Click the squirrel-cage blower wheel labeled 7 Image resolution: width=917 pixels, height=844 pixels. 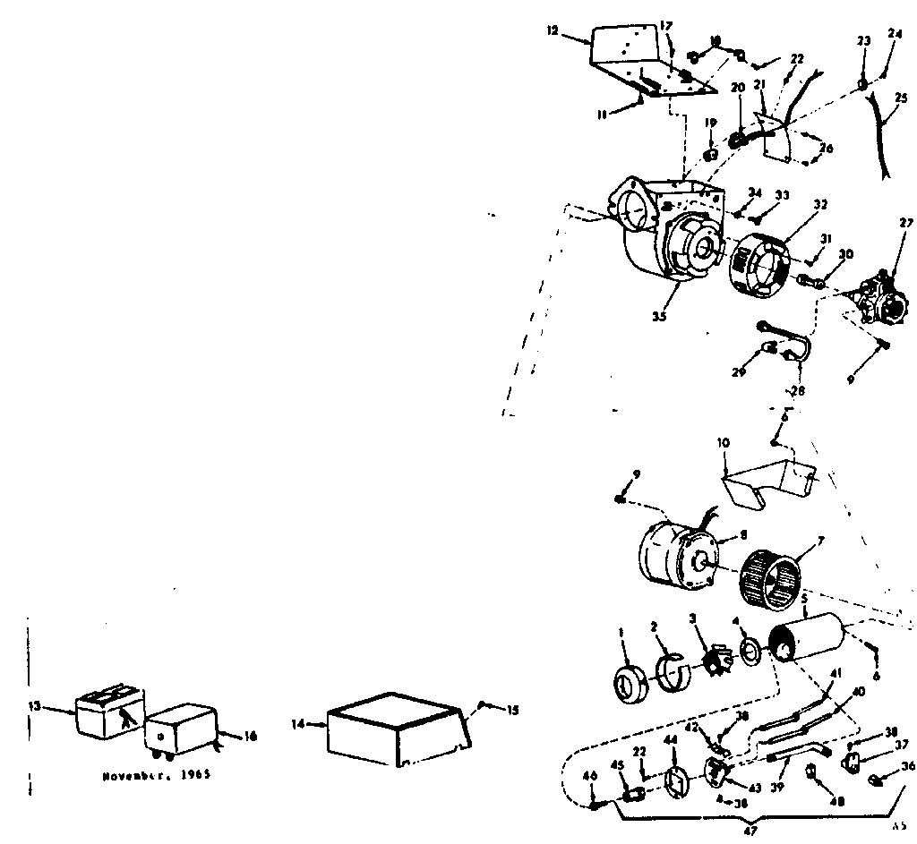click(x=771, y=580)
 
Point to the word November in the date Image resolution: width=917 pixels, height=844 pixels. click(x=131, y=775)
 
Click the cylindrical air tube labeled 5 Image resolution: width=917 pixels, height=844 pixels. click(x=809, y=644)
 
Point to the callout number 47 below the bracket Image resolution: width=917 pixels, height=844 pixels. click(x=750, y=831)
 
